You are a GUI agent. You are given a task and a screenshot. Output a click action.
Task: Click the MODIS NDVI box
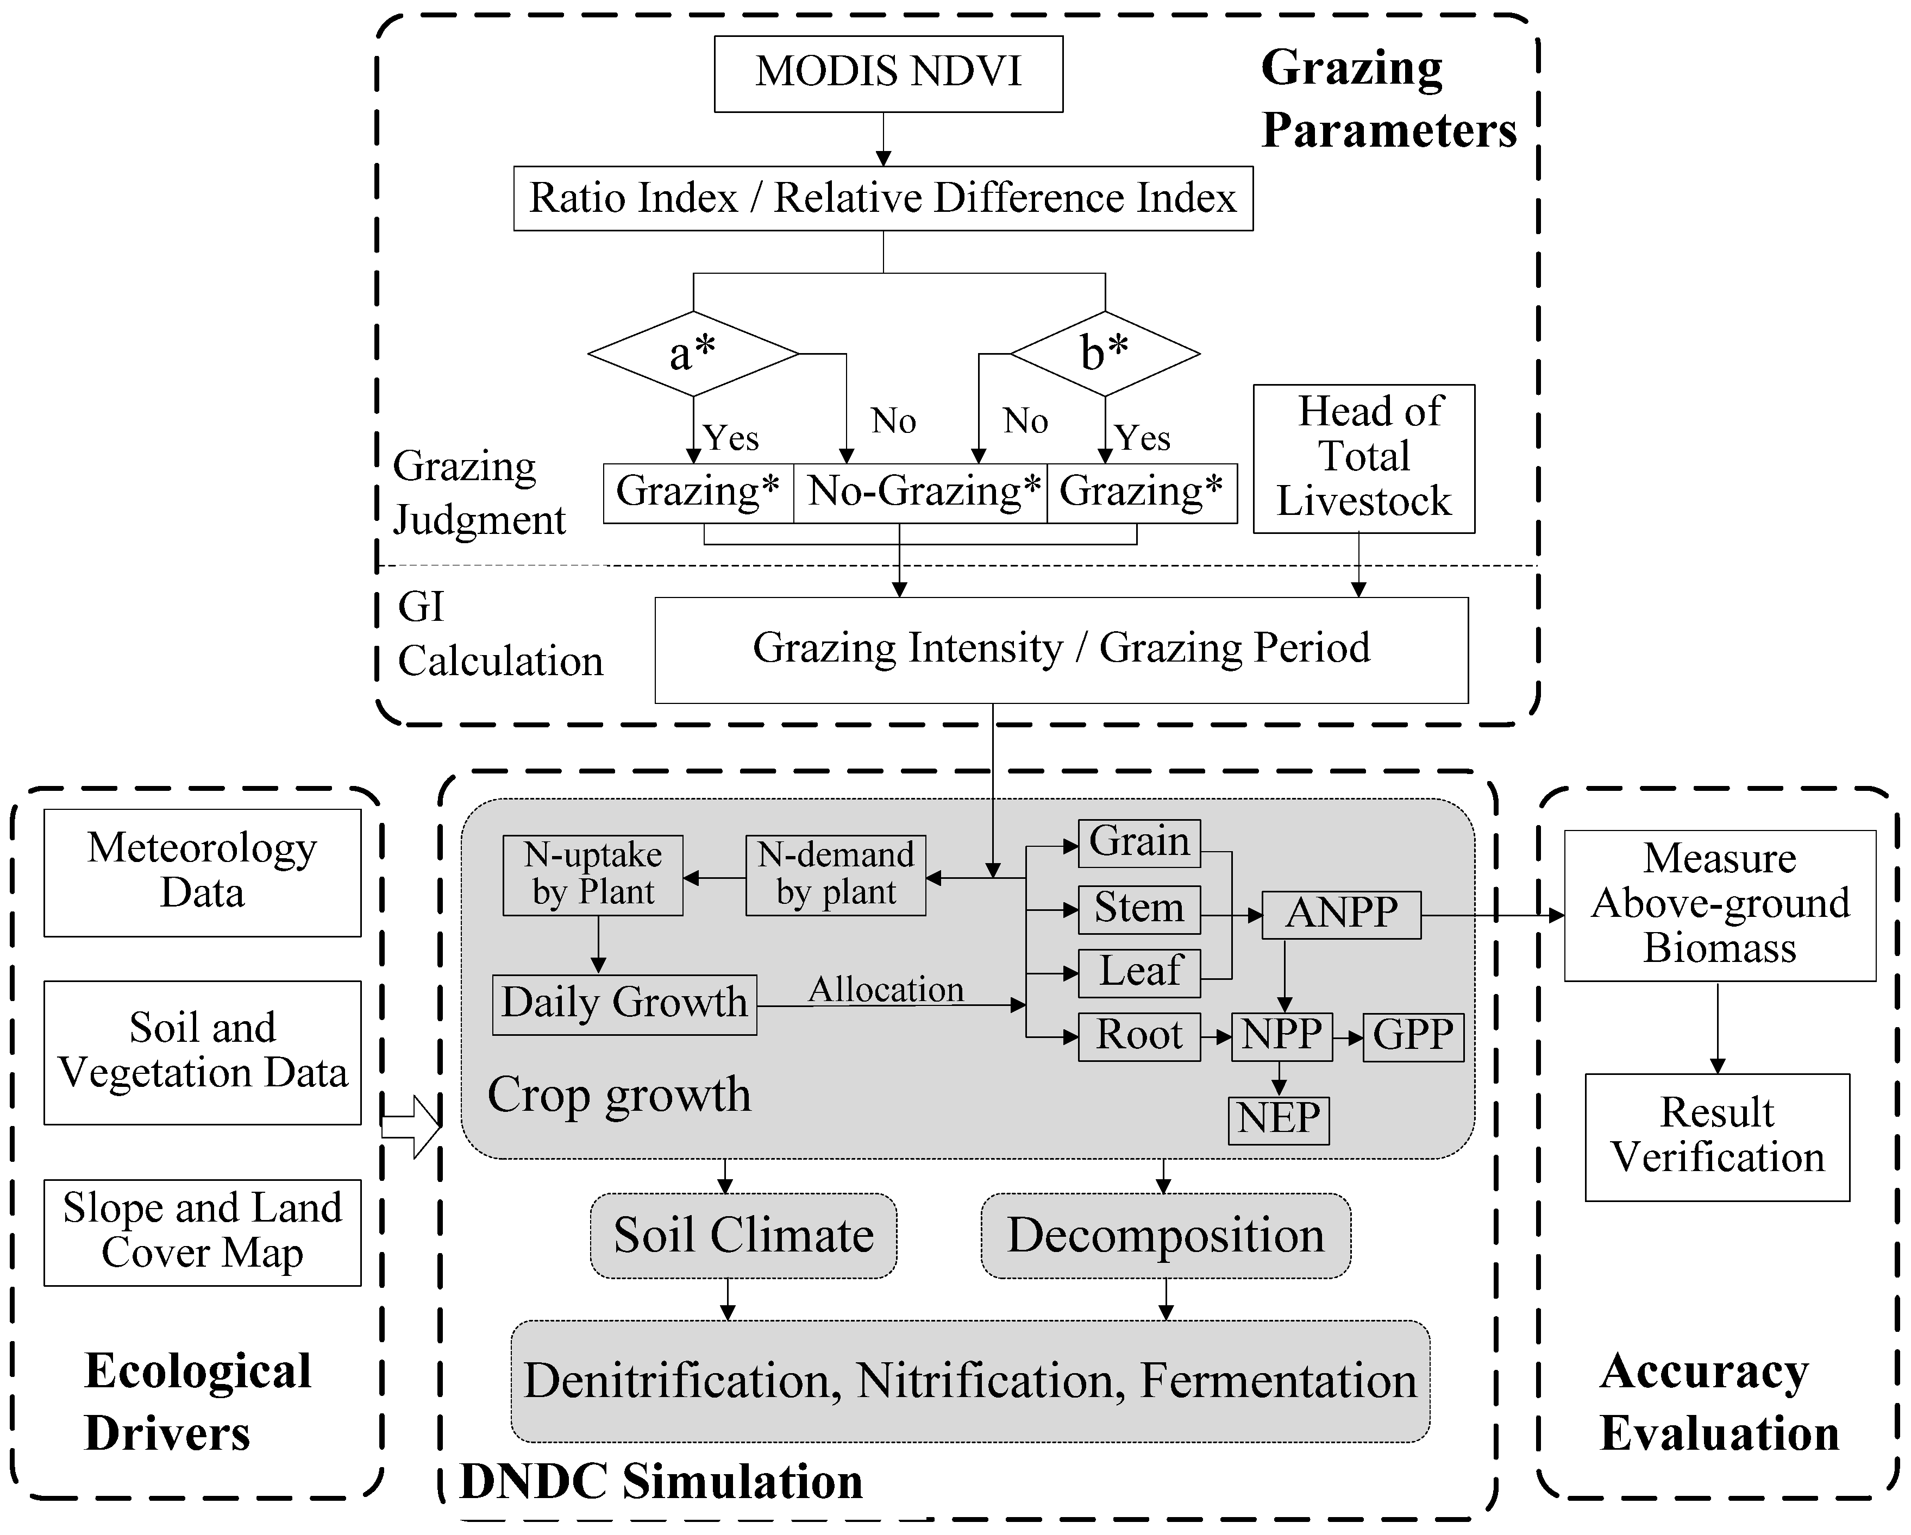coord(888,73)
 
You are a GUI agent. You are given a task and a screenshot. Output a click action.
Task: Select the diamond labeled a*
coord(693,354)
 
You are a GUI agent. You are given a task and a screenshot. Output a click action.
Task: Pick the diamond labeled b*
coord(1105,354)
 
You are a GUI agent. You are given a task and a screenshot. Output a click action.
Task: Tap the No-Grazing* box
coord(922,492)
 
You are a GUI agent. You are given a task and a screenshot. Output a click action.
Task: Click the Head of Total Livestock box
coord(1363,458)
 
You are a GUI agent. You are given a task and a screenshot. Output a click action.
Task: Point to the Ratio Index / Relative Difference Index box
coord(883,198)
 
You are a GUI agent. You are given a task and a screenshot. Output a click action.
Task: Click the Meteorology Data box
coord(202,872)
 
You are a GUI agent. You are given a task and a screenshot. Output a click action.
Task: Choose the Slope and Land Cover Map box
coord(202,1232)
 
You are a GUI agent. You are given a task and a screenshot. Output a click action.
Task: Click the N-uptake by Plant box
coord(592,875)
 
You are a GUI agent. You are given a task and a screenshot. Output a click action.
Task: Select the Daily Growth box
coord(624,1004)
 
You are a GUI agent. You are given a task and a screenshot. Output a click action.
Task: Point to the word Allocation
coord(886,989)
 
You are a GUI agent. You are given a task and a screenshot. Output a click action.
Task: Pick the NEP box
coord(1278,1119)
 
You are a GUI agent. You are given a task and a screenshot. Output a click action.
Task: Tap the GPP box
coord(1413,1036)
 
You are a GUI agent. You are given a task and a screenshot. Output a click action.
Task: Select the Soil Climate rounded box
coord(743,1236)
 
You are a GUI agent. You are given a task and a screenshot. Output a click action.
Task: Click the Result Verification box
coord(1717,1137)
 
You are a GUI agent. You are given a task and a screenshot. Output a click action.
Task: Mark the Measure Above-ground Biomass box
coord(1720,905)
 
